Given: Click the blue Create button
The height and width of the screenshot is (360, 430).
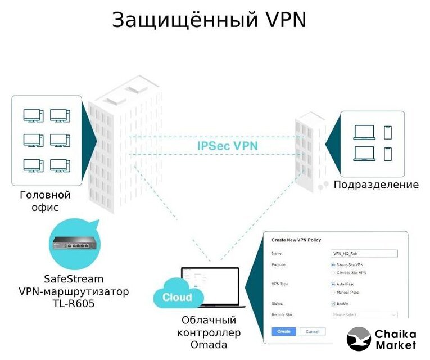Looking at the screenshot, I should pos(283,331).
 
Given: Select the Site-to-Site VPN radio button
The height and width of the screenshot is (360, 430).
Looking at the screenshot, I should pos(333,264).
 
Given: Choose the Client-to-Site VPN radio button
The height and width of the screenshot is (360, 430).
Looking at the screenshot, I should pos(333,273).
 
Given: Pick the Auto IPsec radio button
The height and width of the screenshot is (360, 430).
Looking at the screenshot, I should pos(333,284).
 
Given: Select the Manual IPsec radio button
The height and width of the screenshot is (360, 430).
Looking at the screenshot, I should pos(333,292).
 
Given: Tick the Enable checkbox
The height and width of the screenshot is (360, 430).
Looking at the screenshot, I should pos(333,304).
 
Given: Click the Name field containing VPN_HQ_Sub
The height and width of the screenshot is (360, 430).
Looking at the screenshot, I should pos(364,254).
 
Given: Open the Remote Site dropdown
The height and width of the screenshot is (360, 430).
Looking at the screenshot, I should pos(364,315).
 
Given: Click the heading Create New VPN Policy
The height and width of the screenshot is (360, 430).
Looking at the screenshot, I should pos(296,240).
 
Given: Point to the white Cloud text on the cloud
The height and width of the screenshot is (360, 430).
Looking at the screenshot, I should pos(177,297).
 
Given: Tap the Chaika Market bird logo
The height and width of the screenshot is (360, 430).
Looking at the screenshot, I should pos(359,339).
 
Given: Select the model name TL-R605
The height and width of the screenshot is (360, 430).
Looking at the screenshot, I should pos(74,304).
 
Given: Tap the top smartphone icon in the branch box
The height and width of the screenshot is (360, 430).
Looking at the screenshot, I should pos(387,132).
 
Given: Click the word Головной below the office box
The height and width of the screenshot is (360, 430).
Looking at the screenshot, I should pos(45,195).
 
